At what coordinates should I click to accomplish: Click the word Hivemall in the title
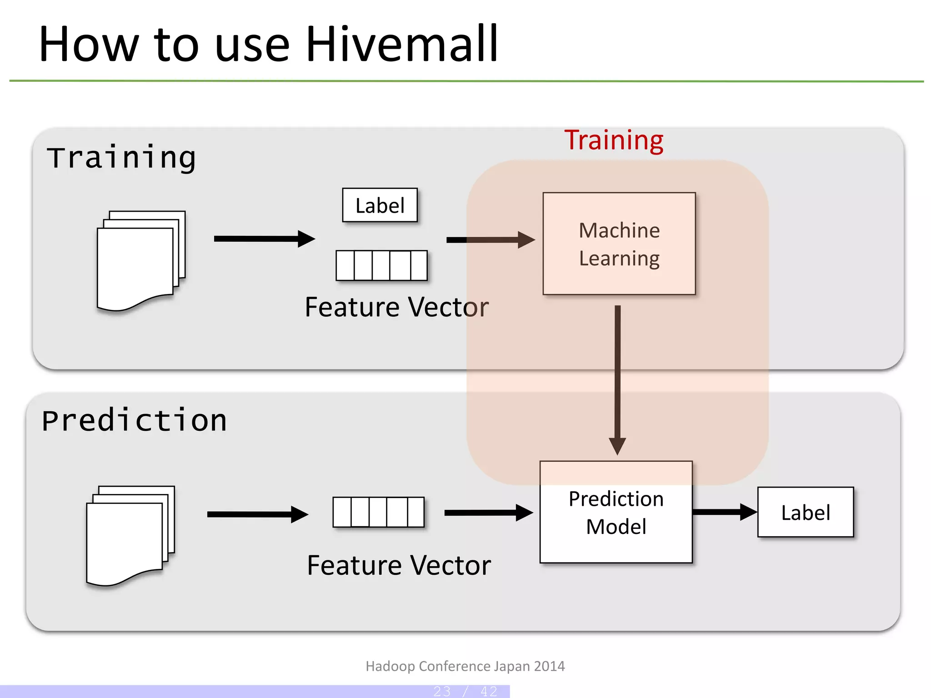click(402, 44)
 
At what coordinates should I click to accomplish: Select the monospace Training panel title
click(121, 158)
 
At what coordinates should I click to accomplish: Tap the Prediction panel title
click(134, 420)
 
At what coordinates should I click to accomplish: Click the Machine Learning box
click(619, 244)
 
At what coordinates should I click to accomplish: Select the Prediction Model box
click(616, 513)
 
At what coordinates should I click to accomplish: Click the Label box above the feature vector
click(380, 205)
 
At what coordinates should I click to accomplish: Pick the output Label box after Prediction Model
click(805, 512)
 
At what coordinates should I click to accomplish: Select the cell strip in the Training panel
click(381, 265)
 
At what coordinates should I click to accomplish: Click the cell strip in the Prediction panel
click(378, 512)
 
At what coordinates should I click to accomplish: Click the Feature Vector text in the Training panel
click(396, 307)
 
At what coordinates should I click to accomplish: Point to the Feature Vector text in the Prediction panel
click(399, 565)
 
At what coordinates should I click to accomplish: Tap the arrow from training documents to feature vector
click(264, 239)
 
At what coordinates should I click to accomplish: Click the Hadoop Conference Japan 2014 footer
click(465, 666)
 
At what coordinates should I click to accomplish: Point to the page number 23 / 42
click(465, 691)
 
